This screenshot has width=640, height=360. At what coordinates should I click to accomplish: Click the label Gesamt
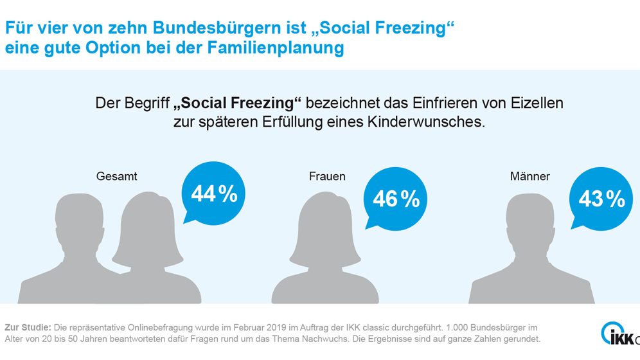click(x=117, y=176)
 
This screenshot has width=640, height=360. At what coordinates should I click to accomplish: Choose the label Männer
click(x=529, y=176)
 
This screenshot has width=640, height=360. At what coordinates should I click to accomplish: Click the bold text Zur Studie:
click(x=27, y=327)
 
